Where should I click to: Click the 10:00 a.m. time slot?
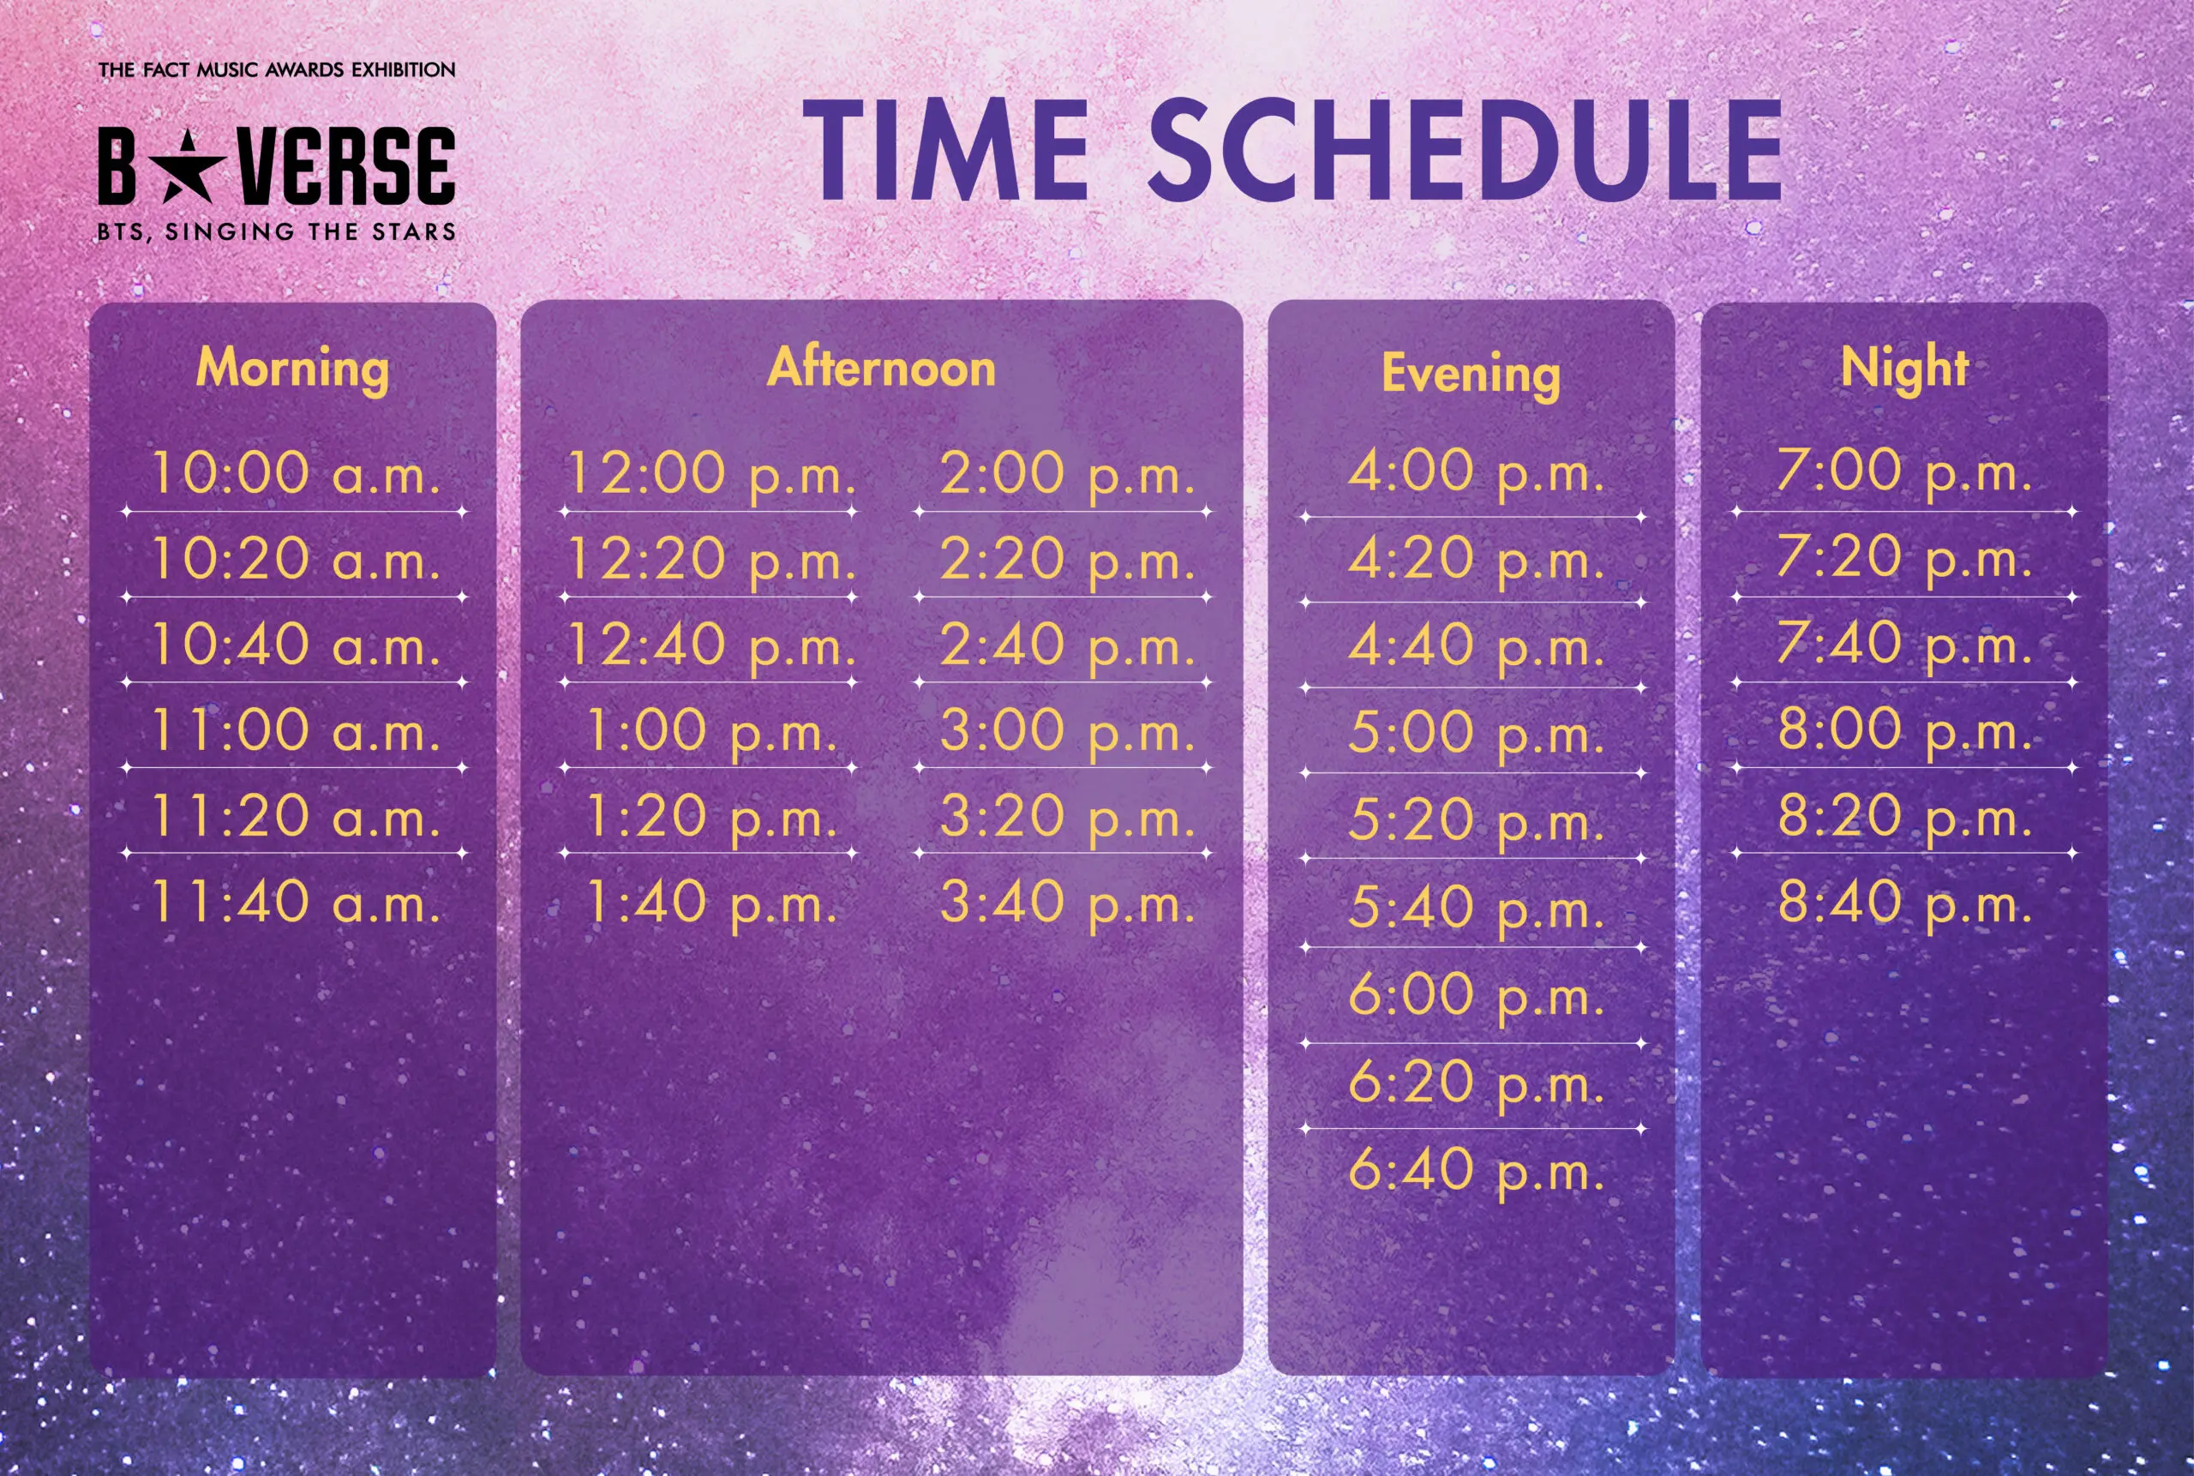click(x=296, y=472)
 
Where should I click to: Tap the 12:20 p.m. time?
click(x=711, y=560)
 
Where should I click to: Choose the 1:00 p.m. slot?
click(x=711, y=731)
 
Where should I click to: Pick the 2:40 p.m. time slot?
click(x=1067, y=645)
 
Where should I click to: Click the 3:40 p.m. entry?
click(x=1067, y=903)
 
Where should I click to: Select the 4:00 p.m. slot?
click(x=1476, y=471)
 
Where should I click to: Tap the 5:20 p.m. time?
click(x=1476, y=820)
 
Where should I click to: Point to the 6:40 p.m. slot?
click(x=1476, y=1170)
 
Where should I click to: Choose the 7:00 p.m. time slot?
click(x=1904, y=471)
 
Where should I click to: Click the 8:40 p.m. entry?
click(x=1904, y=902)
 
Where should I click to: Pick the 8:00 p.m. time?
click(x=1904, y=729)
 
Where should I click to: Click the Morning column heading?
click(x=293, y=368)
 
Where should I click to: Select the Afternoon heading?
click(x=882, y=366)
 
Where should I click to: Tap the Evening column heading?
click(x=1472, y=374)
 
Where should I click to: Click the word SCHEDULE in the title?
click(x=1465, y=150)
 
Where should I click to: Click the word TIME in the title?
click(x=945, y=150)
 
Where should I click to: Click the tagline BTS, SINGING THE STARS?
click(x=277, y=231)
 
